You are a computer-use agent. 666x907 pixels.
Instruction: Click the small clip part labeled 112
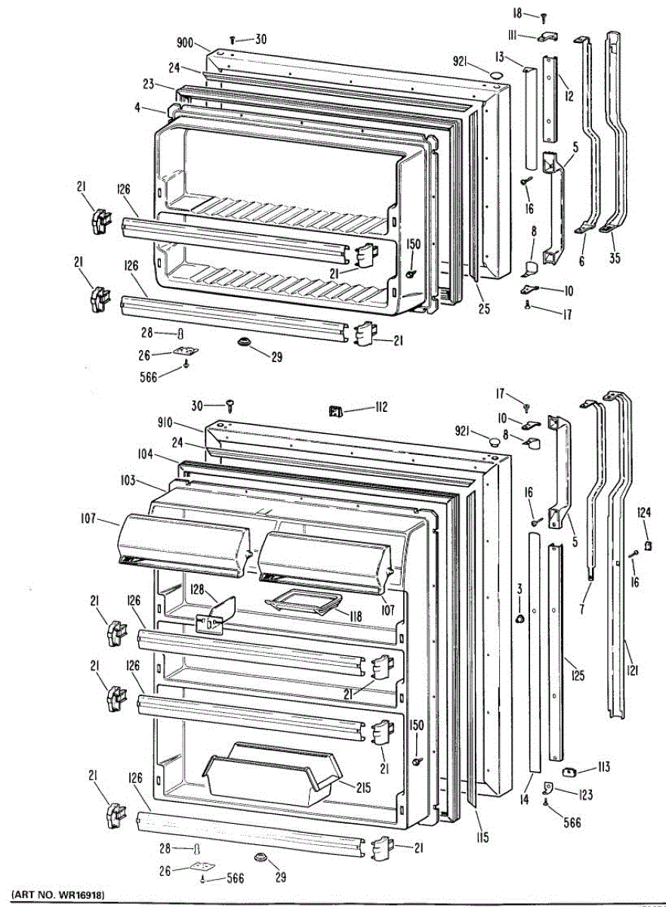click(335, 410)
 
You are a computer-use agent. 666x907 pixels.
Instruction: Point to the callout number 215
click(362, 786)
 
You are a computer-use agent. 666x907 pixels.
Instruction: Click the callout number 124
click(643, 512)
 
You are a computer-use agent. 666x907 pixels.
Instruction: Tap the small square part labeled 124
click(647, 544)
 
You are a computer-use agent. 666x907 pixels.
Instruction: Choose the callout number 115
click(483, 837)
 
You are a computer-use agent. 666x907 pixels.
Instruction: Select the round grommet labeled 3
click(520, 620)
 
